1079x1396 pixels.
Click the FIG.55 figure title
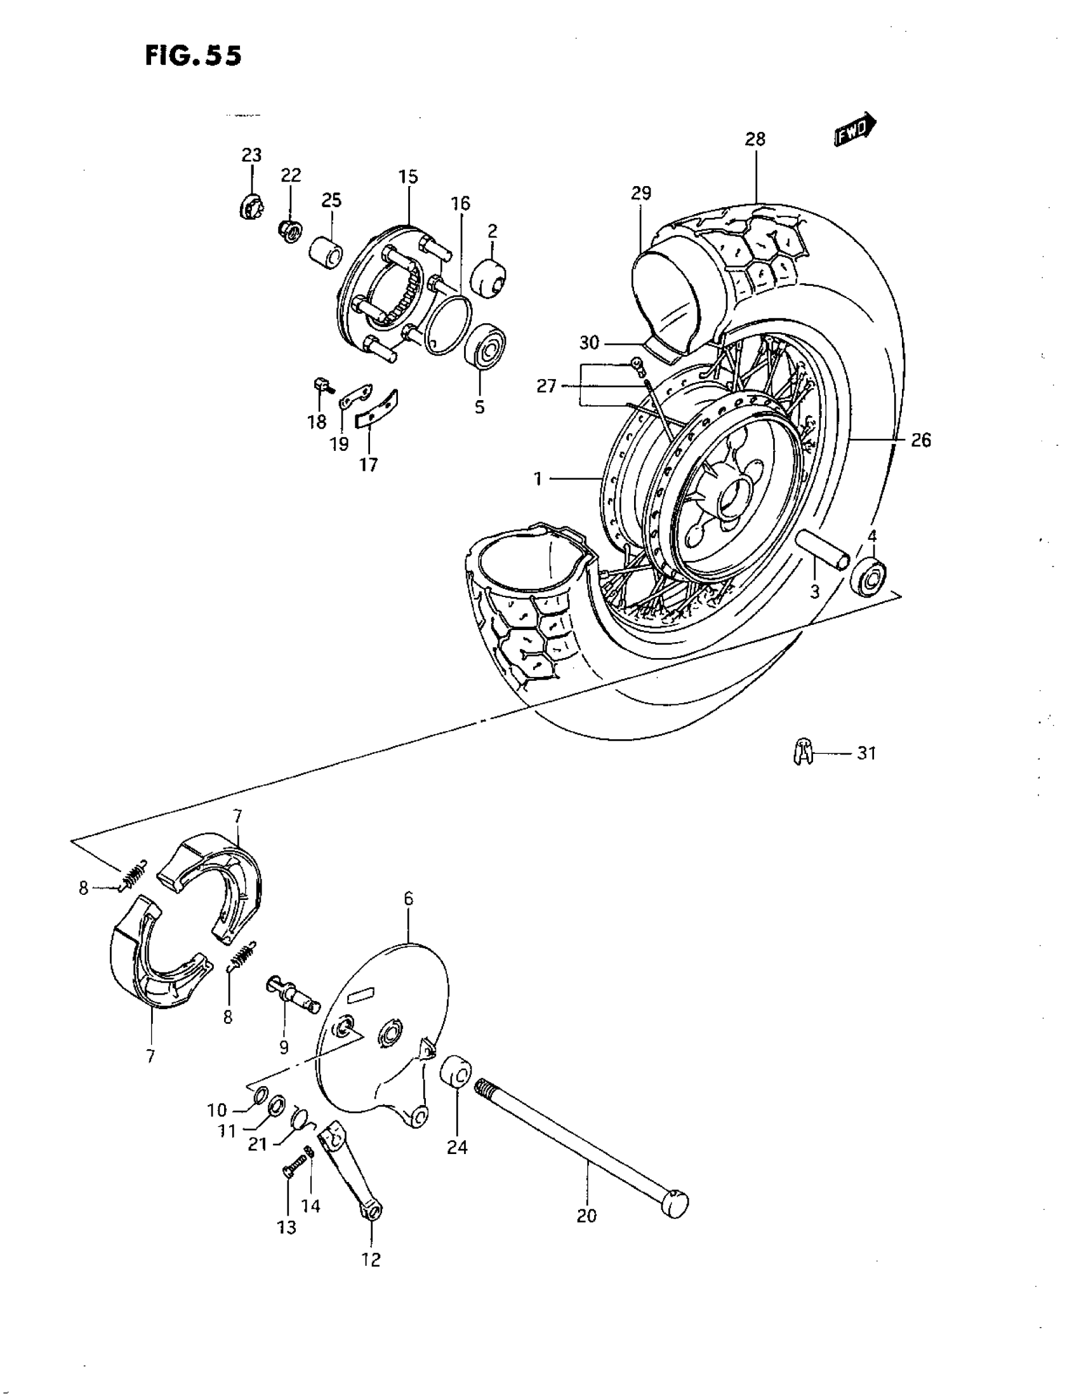pos(193,57)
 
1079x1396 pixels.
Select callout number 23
pos(251,155)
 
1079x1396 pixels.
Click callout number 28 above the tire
pos(755,139)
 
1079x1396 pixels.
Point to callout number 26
pos(920,440)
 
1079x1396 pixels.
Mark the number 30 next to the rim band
pos(588,343)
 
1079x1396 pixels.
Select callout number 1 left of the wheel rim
pos(538,478)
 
